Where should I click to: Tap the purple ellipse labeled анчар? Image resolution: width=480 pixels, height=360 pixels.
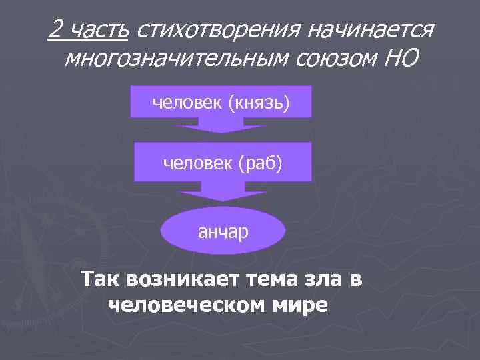223,231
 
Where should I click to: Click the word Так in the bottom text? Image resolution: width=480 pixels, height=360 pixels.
101,279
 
